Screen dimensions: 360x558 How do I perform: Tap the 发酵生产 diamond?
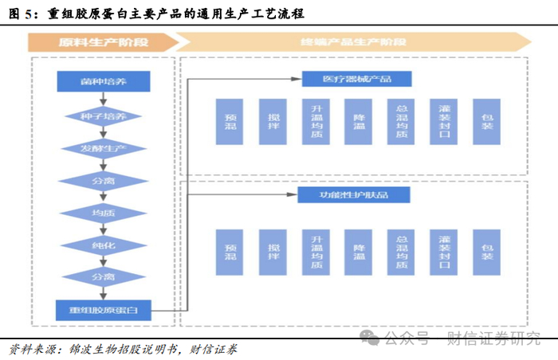tap(103, 149)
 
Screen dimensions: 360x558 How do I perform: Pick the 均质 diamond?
tap(103, 213)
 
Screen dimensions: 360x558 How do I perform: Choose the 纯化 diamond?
tap(103, 246)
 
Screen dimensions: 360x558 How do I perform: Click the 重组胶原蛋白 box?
tap(103, 309)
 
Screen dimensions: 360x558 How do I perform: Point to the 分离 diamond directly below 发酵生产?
tap(103, 181)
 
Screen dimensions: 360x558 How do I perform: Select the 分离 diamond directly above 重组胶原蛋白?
tap(103, 277)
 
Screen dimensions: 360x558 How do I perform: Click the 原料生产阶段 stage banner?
tap(99, 42)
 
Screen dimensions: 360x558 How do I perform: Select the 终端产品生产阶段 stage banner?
tap(352, 42)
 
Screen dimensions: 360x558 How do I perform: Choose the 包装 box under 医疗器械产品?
tap(487, 122)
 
